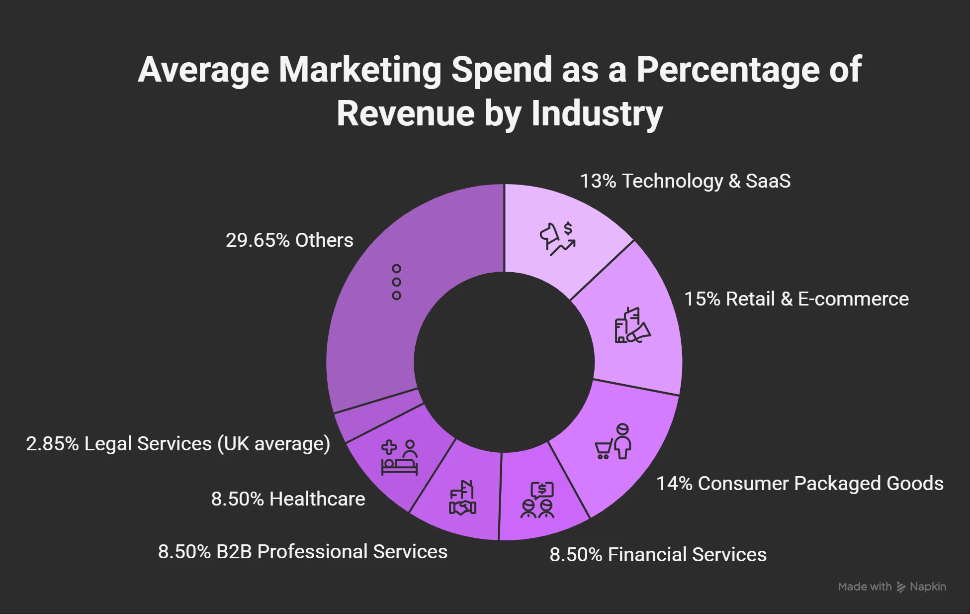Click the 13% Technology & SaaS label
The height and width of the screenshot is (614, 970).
685,181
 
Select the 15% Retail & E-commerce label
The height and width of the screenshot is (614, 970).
796,299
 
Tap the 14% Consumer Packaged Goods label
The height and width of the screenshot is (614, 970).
799,484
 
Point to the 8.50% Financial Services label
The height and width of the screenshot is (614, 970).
657,555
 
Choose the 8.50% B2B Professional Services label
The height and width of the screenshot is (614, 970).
302,552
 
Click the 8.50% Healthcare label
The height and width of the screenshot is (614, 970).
288,499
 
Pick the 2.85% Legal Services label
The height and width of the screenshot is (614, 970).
178,444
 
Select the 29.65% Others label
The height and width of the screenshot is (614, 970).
289,240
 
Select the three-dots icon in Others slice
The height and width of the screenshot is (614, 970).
396,282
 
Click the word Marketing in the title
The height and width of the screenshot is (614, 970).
359,70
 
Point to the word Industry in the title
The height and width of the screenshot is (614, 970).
597,114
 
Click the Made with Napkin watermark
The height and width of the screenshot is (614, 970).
892,587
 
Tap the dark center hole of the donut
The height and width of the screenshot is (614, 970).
504,362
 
